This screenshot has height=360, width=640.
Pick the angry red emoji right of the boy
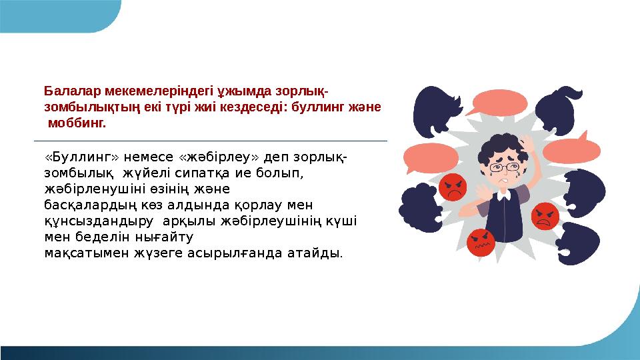pos(544,215)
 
